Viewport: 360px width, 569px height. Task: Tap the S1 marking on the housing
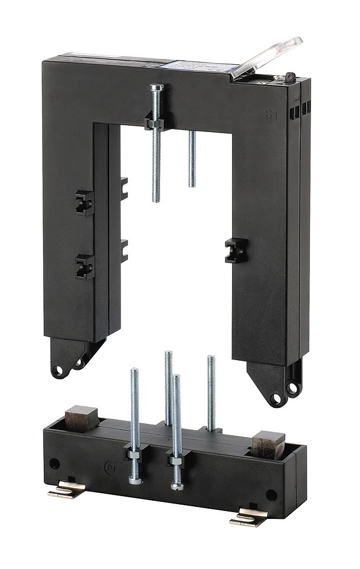[x=272, y=114]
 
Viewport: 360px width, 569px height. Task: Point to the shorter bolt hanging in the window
[x=192, y=159]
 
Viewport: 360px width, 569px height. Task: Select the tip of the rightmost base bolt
[x=210, y=358]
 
